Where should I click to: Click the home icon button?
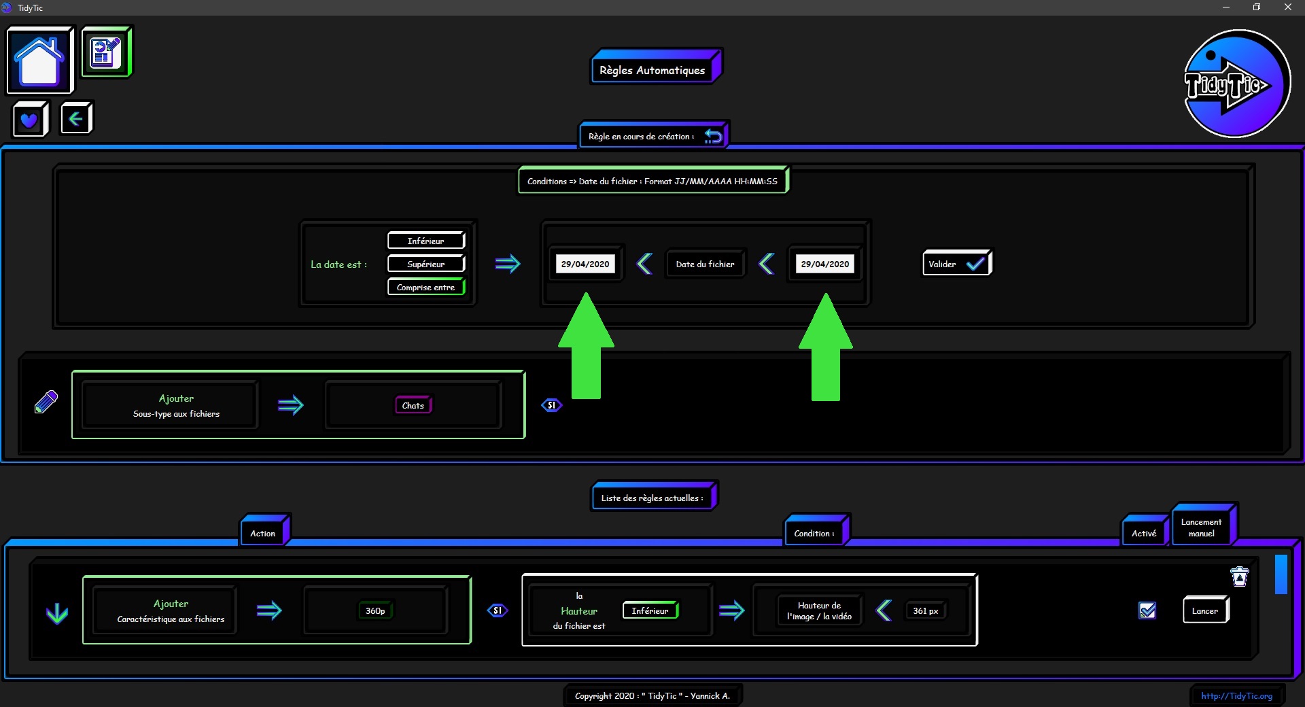(40, 60)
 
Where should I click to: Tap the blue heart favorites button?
(30, 120)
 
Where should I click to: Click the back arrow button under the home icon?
(76, 119)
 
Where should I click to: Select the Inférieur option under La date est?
(426, 241)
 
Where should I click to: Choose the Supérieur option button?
(426, 264)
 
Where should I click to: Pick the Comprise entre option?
(426, 287)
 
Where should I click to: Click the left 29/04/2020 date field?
(585, 264)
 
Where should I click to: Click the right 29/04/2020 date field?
(825, 264)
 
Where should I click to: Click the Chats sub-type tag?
(413, 405)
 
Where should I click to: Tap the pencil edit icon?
(46, 402)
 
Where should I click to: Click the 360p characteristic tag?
(375, 610)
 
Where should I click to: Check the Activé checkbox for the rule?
(1147, 610)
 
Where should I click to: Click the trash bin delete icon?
(1240, 576)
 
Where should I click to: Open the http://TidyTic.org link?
(1236, 695)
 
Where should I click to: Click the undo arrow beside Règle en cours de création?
(713, 136)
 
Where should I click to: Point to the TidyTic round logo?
(1236, 84)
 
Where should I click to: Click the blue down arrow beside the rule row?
(57, 613)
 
